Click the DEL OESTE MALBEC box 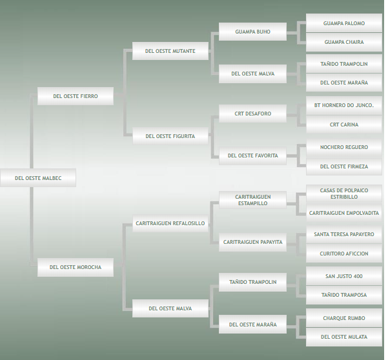point(38,178)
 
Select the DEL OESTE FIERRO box point(76,96)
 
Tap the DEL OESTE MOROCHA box point(76,267)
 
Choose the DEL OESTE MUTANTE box point(170,51)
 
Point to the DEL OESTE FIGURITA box point(170,136)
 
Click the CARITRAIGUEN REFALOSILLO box point(170,223)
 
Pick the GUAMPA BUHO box point(252,32)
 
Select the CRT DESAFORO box point(252,114)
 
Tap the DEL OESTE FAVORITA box point(252,155)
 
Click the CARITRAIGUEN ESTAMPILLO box point(252,199)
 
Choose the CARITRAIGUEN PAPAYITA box point(252,242)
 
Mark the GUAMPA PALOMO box point(344,23)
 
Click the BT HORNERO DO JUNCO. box point(344,105)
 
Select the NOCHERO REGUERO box point(344,147)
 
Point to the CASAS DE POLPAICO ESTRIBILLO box point(344,194)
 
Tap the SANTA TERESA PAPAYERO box point(344,234)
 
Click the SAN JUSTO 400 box point(344,276)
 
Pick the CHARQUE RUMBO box point(344,318)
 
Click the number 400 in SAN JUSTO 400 point(358,276)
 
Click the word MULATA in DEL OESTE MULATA point(356,337)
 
